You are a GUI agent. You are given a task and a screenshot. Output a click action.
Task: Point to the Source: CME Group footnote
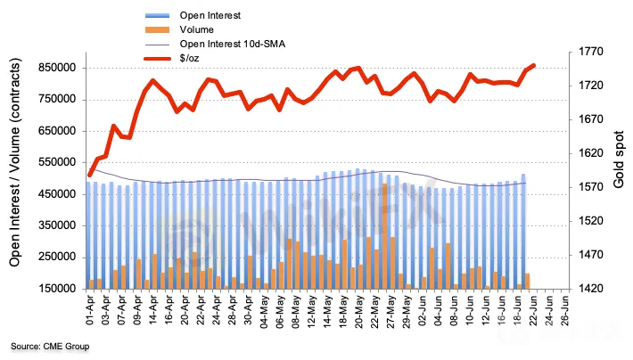(x=50, y=346)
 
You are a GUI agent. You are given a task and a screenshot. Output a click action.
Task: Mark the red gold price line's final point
(x=533, y=65)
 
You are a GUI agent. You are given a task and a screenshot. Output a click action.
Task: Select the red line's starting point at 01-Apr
(x=89, y=176)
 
